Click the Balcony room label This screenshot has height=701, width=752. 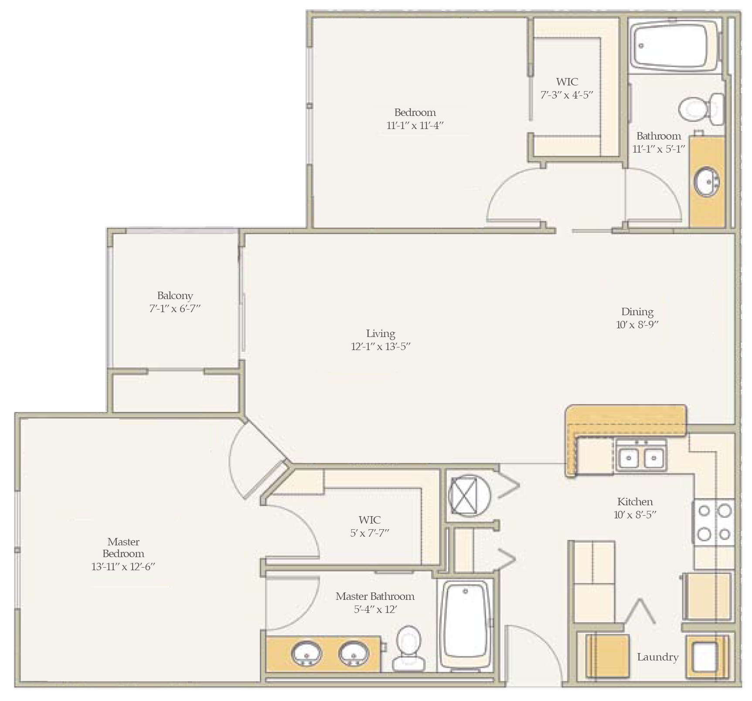(175, 296)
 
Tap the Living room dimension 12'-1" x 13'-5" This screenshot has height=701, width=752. (381, 347)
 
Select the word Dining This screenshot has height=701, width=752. (637, 312)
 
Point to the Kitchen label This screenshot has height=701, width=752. (635, 501)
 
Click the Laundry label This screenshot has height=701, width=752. (657, 657)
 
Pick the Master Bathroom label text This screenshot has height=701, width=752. (375, 596)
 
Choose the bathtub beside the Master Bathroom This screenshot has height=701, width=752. (466, 624)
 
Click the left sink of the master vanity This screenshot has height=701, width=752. (306, 653)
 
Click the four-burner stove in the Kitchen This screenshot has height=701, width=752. (714, 522)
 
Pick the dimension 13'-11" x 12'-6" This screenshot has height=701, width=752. (123, 567)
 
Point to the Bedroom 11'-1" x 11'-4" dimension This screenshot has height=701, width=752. (415, 126)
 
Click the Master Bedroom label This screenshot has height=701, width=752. (123, 548)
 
